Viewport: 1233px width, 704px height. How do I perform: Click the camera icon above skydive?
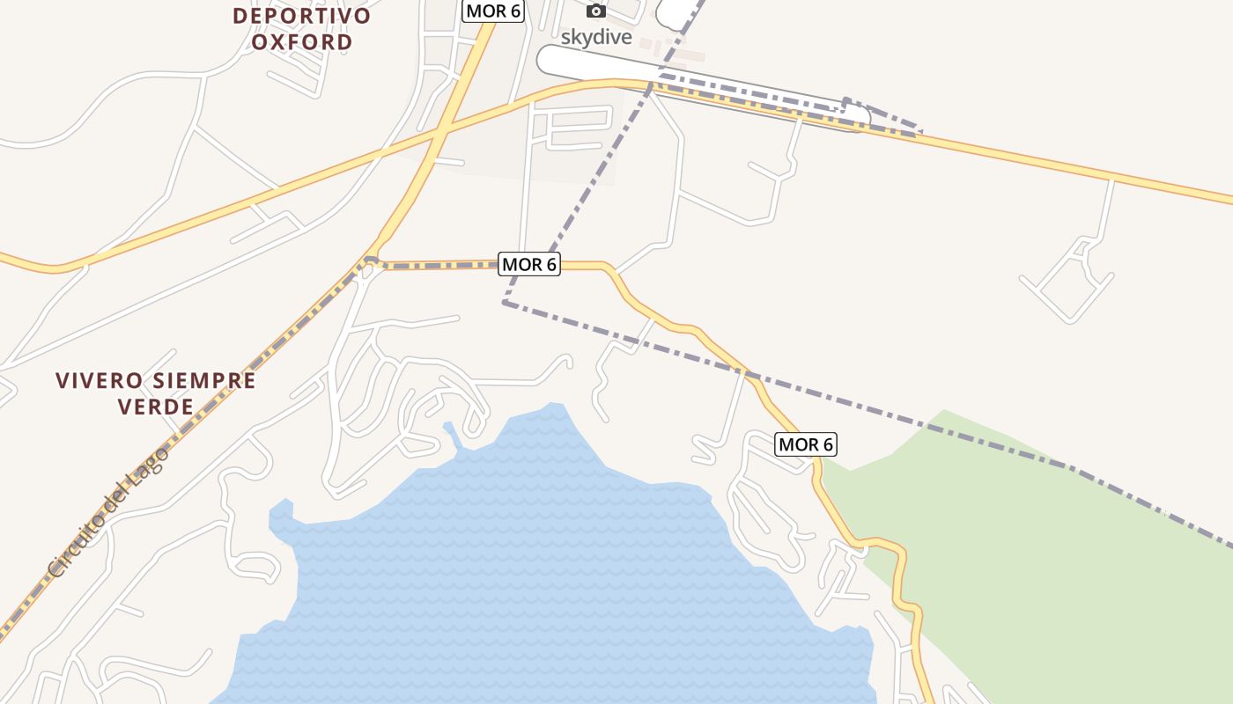coord(596,11)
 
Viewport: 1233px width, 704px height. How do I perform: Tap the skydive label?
coord(596,37)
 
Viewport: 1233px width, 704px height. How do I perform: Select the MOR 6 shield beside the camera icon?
coord(493,11)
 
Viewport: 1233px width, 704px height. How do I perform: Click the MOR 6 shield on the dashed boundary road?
coord(529,264)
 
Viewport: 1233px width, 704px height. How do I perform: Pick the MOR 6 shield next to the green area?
coord(805,444)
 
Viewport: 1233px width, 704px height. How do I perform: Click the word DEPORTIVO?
coord(302,16)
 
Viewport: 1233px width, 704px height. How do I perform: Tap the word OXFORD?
coord(302,41)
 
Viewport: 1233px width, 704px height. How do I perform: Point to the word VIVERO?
coord(100,381)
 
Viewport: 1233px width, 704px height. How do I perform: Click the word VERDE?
coord(156,407)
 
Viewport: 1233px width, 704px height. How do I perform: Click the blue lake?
coord(546,572)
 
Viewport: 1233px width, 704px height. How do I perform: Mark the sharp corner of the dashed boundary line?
coord(505,302)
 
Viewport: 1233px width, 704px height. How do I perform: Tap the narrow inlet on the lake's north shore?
coord(451,436)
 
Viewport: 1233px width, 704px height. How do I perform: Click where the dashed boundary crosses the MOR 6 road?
coord(751,375)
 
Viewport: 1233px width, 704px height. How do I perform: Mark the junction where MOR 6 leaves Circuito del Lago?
coord(371,260)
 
